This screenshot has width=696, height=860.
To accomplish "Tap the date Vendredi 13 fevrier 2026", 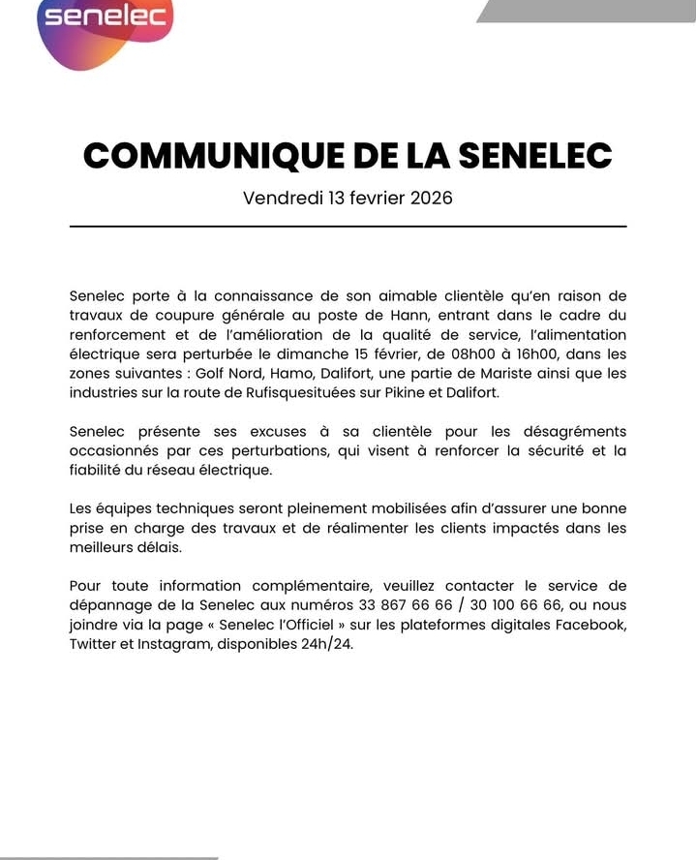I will (x=348, y=199).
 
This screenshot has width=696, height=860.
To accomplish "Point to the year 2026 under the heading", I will (x=431, y=199).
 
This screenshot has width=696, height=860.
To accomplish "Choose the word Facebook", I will (x=590, y=625).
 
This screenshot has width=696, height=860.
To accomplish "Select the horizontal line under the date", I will (x=348, y=227).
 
